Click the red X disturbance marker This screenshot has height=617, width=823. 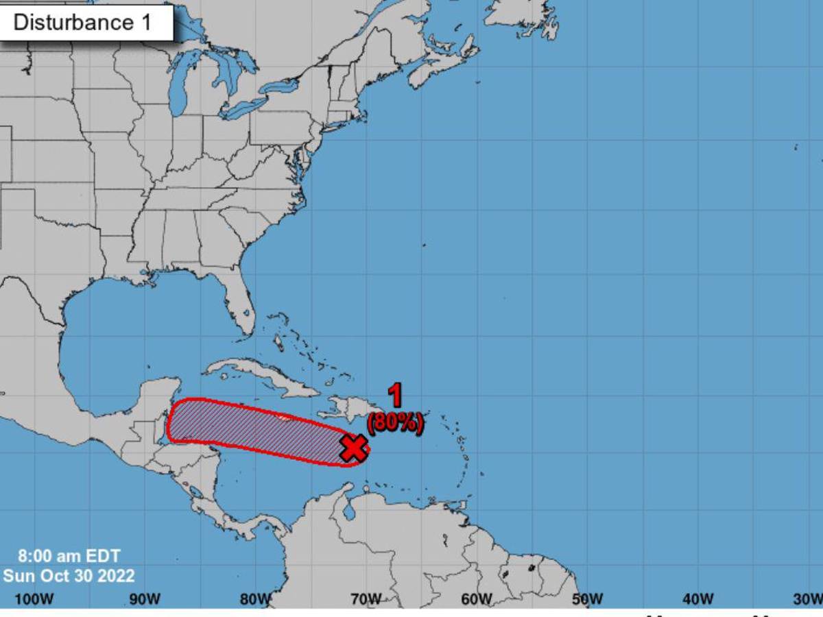[354, 448]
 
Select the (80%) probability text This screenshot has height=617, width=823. [395, 422]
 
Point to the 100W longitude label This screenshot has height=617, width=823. [34, 599]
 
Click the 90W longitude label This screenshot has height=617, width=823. [145, 599]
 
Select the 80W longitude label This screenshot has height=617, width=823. [256, 599]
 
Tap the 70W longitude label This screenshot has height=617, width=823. [366, 599]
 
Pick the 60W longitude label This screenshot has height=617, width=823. [477, 599]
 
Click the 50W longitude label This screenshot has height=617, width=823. [588, 599]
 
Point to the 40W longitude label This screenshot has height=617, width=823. [698, 599]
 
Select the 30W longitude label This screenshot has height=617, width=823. [807, 599]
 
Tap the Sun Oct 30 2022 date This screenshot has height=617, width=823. [69, 574]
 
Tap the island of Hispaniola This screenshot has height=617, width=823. [343, 410]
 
